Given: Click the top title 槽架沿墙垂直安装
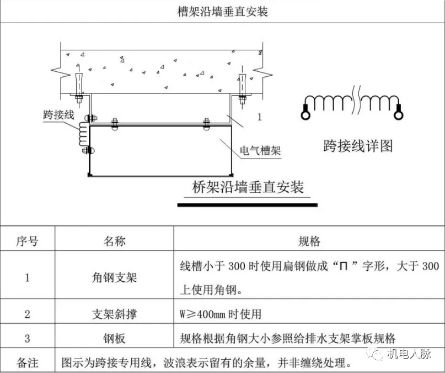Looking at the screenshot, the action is point(223,12).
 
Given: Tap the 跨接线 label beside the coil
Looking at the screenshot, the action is point(59,114).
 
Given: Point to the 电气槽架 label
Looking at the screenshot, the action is point(260,150).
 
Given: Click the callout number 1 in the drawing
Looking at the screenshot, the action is point(259,117).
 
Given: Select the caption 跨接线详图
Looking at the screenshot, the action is point(358,146).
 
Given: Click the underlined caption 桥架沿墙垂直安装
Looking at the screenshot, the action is point(248,187).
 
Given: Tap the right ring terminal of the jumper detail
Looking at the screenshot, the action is point(398,115).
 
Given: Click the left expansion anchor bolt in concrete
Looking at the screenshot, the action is point(79,85).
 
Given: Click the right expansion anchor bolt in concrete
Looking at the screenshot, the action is point(242,85).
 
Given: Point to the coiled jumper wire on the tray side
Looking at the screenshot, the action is point(84,134).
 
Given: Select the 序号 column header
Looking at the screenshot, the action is point(27,241).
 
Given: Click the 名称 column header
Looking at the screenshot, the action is point(114,241).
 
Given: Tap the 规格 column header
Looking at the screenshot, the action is point(309,241).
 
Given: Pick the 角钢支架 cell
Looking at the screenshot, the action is point(114,277).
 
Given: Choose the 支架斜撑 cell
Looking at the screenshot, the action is point(114,314).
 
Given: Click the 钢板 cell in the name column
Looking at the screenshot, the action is point(114,338).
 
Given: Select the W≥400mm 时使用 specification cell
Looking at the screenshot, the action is point(221,314).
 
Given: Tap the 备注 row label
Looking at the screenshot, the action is point(27,363).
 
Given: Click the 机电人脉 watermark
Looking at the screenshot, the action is point(409,354).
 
